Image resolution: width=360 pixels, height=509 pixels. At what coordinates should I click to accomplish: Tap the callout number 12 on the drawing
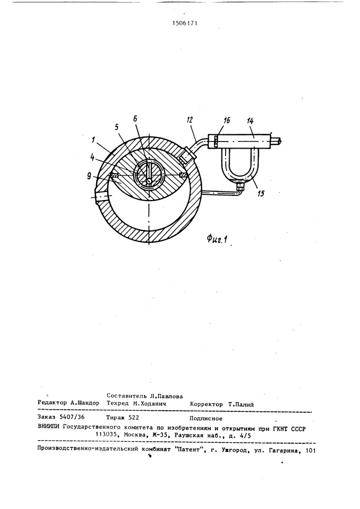point(189,120)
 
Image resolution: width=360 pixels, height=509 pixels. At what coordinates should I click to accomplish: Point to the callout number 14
point(250,121)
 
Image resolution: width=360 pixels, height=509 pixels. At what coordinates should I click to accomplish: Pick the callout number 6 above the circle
point(135,119)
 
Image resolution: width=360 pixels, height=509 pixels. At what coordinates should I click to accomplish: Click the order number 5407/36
point(73,418)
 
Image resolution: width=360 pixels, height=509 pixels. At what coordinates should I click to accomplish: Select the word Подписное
point(206,418)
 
